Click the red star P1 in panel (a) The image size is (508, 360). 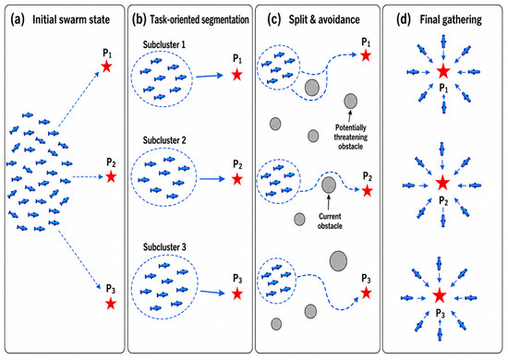106,67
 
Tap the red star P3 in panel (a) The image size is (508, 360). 111,304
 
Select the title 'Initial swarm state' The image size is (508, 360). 71,19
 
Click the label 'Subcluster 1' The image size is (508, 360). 164,44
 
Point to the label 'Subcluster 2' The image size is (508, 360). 164,140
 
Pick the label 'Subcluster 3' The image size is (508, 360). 164,247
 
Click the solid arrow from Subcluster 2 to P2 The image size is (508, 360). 212,179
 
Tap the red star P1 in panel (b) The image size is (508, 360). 237,75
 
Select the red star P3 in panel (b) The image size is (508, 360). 237,294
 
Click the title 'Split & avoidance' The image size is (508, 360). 324,19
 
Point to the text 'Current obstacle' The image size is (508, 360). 330,221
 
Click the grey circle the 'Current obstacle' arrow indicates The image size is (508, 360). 329,185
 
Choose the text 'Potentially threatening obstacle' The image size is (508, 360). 351,137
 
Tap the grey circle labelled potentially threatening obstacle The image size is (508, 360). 351,101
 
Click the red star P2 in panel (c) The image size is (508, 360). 367,191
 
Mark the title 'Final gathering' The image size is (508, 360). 451,19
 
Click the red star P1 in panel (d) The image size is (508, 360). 443,71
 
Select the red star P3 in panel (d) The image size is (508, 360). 440,295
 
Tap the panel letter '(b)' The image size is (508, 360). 139,19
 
